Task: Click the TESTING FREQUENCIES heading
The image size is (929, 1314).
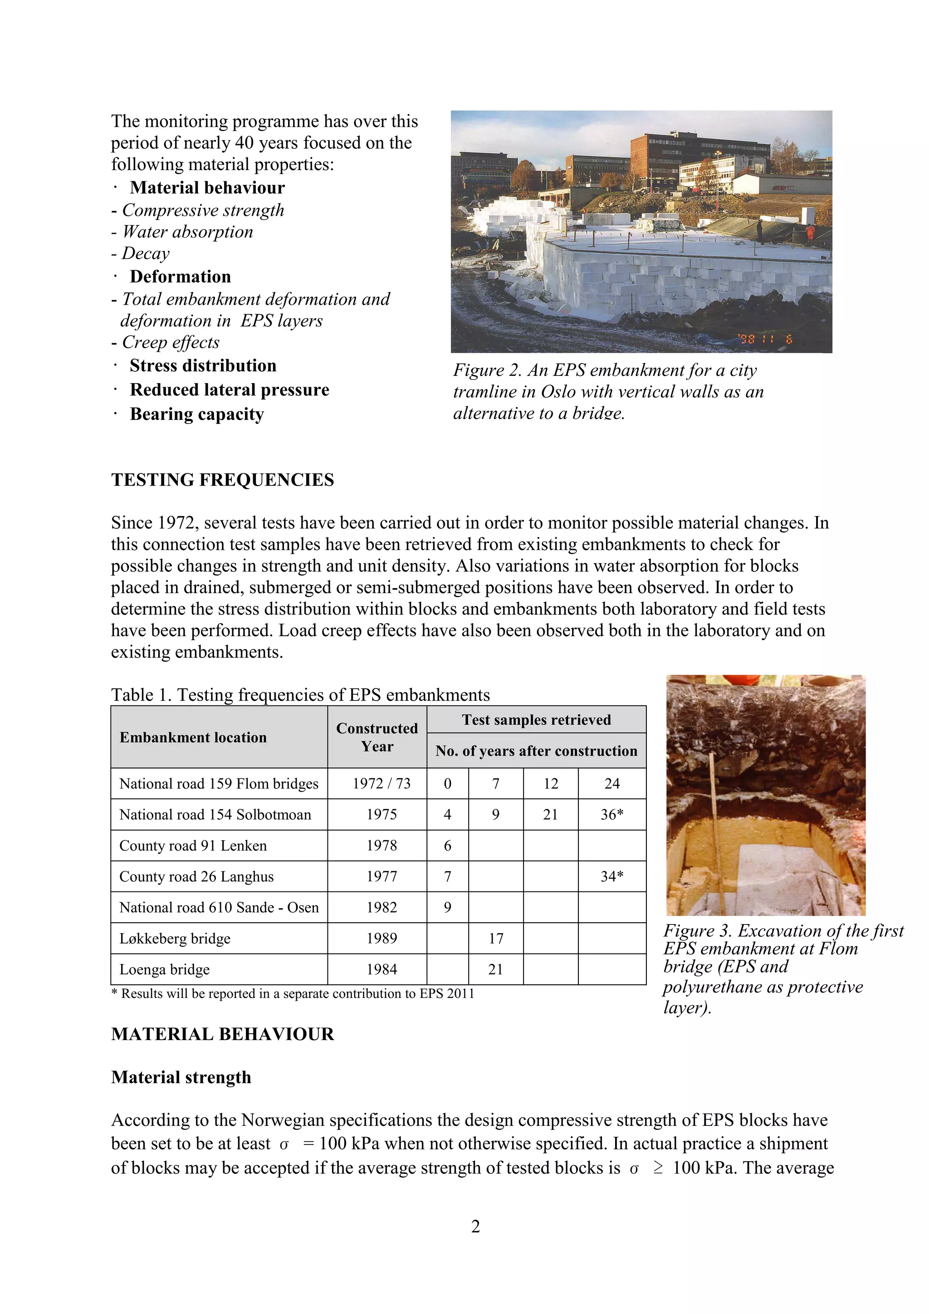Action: pyautogui.click(x=222, y=480)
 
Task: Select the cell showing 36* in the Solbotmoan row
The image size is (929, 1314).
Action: pyautogui.click(x=611, y=814)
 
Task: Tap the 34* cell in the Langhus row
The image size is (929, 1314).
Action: pyautogui.click(x=611, y=876)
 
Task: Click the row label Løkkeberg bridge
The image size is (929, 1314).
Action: pyautogui.click(x=175, y=939)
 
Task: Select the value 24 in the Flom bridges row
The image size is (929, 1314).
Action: pyautogui.click(x=611, y=784)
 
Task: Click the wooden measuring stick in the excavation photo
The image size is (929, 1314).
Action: pyautogui.click(x=716, y=830)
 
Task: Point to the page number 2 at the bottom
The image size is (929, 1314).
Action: pyautogui.click(x=475, y=1226)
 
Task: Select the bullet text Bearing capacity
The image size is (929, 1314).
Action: pyautogui.click(x=196, y=414)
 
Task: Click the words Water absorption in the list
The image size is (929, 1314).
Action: pyautogui.click(x=188, y=232)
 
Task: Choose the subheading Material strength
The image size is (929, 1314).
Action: pyautogui.click(x=181, y=1077)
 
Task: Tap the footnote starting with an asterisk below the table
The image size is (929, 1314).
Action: pyautogui.click(x=293, y=993)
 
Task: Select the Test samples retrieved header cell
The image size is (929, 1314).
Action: pyautogui.click(x=536, y=720)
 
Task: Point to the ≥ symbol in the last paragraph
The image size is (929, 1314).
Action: pyautogui.click(x=658, y=1168)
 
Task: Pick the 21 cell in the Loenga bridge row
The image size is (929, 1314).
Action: pyautogui.click(x=495, y=969)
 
